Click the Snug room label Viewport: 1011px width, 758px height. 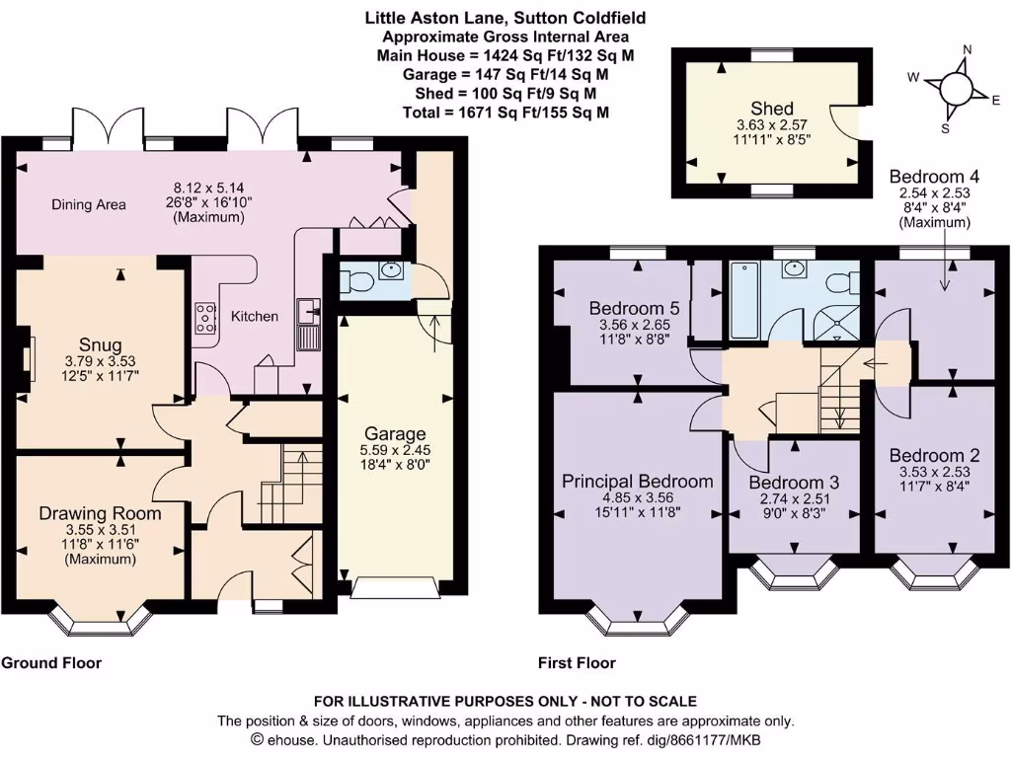pyautogui.click(x=100, y=344)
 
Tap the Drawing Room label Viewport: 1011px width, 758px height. pyautogui.click(x=100, y=513)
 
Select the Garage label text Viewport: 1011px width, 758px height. pyautogui.click(x=395, y=434)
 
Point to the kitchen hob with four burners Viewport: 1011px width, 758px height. pyautogui.click(x=205, y=318)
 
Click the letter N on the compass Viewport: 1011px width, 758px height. pyautogui.click(x=967, y=49)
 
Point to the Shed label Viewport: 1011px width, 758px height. pyautogui.click(x=772, y=109)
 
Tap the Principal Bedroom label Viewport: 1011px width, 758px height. pyautogui.click(x=637, y=482)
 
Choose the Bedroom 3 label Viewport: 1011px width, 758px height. pyautogui.click(x=794, y=483)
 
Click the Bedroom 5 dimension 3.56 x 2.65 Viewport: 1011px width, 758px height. pyautogui.click(x=635, y=325)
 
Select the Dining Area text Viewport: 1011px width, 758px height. pyautogui.click(x=89, y=205)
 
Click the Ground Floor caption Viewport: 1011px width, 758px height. pyautogui.click(x=51, y=662)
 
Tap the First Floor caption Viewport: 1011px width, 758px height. pyautogui.click(x=577, y=662)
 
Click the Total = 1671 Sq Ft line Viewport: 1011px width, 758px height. pyautogui.click(x=506, y=113)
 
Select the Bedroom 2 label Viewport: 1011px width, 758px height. pyautogui.click(x=934, y=455)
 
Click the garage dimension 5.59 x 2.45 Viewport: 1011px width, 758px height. pyautogui.click(x=395, y=450)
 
